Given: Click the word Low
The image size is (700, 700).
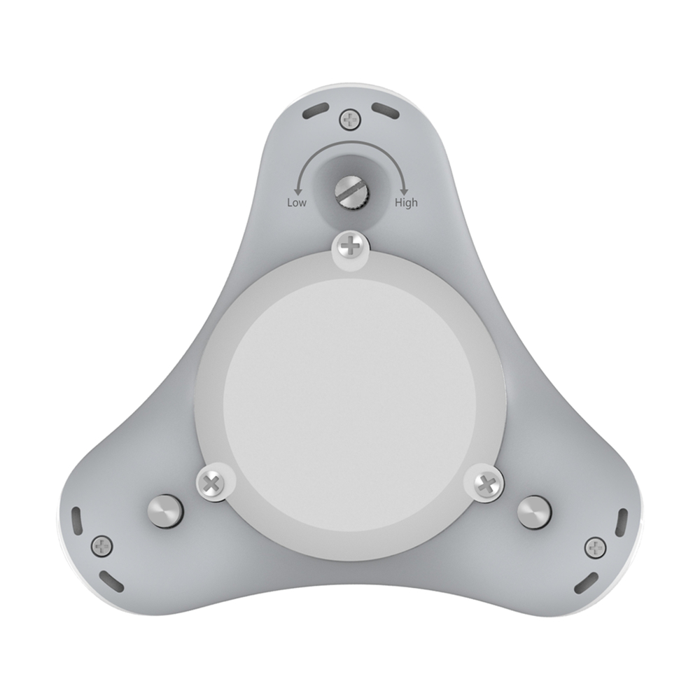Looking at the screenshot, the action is pyautogui.click(x=297, y=202).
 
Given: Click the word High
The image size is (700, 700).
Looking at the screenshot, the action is pyautogui.click(x=406, y=203).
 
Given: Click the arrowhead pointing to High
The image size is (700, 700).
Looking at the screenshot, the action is pyautogui.click(x=404, y=192).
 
